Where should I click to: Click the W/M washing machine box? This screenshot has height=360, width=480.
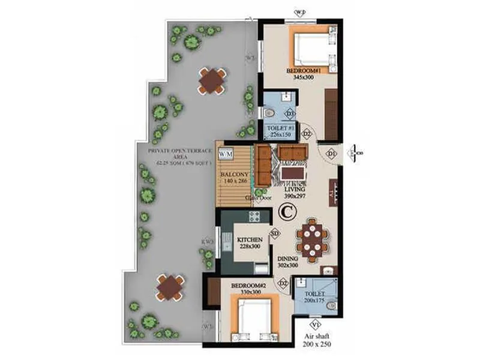(226, 154)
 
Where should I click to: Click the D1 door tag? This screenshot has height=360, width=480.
(331, 155)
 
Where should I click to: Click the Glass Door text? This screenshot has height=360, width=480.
(259, 197)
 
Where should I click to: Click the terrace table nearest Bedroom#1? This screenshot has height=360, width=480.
(212, 80)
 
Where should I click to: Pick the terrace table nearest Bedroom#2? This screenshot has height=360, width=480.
(170, 287)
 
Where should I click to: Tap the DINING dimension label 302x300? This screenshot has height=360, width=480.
(289, 265)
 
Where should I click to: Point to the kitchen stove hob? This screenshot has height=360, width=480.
(254, 217)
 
